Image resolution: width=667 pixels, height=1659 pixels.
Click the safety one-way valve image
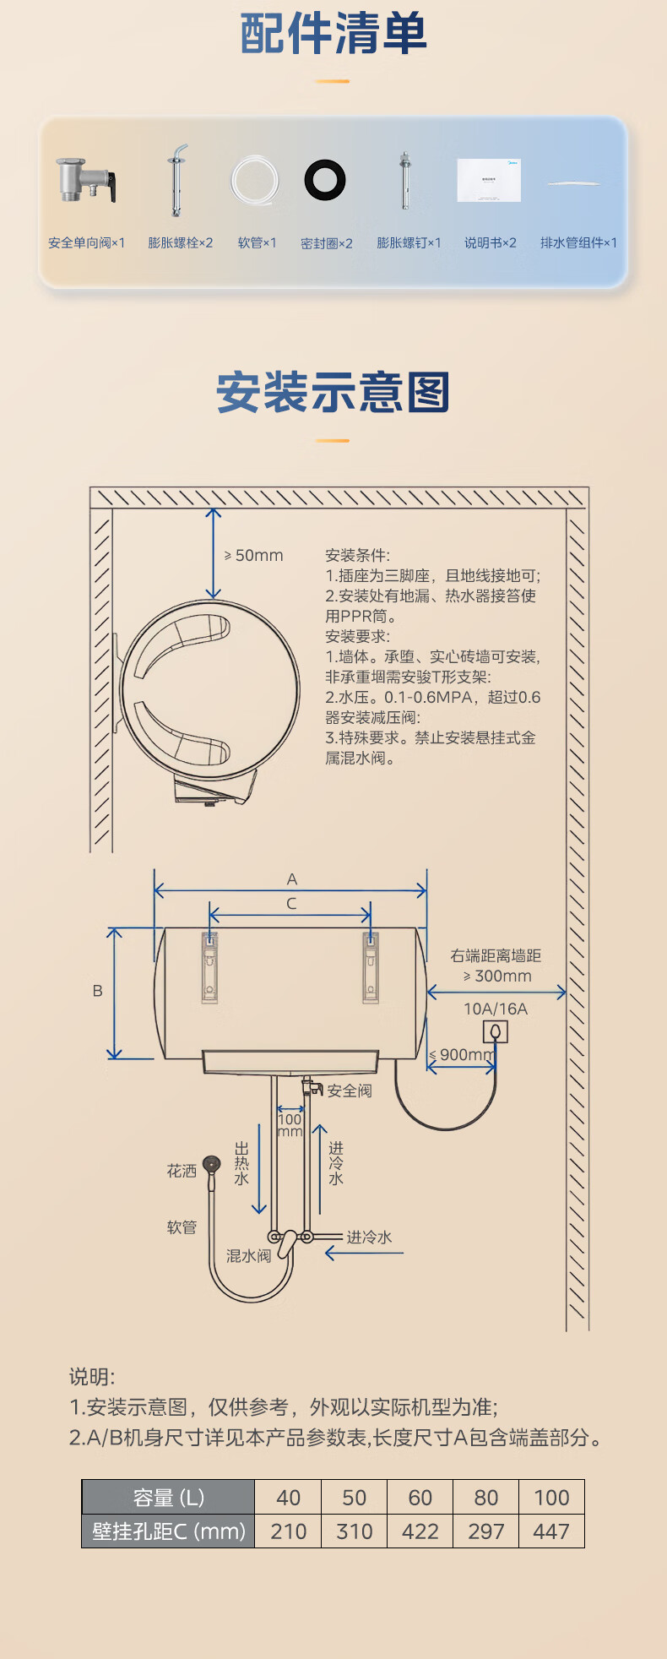pyautogui.click(x=85, y=180)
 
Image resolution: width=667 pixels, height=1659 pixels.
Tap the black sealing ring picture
pyautogui.click(x=325, y=179)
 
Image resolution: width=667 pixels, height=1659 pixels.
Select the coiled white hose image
pyautogui.click(x=255, y=180)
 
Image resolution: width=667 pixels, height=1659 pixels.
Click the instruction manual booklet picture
pyautogui.click(x=489, y=179)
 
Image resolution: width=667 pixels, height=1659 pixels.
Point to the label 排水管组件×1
pyautogui.click(x=578, y=243)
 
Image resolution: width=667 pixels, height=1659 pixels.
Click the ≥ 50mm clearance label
pyautogui.click(x=254, y=556)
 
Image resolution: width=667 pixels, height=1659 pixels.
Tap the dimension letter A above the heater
pyautogui.click(x=292, y=879)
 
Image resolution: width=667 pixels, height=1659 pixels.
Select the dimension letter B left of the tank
pyautogui.click(x=97, y=991)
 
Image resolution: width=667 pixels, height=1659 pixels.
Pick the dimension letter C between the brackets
pyautogui.click(x=291, y=904)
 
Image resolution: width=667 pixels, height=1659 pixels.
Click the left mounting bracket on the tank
pyautogui.click(x=210, y=966)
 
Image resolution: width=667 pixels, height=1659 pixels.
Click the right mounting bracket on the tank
pyautogui.click(x=370, y=966)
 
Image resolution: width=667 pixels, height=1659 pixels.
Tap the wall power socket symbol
pyautogui.click(x=496, y=1031)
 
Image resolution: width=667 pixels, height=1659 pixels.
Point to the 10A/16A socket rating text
pyautogui.click(x=496, y=1009)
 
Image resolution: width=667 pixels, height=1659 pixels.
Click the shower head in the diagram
pyautogui.click(x=211, y=1165)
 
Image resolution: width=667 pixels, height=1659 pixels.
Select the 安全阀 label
pyautogui.click(x=350, y=1091)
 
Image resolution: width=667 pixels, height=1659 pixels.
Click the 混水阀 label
pyautogui.click(x=248, y=1256)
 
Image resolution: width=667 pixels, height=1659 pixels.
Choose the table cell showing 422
pyautogui.click(x=420, y=1531)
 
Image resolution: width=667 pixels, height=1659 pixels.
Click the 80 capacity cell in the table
pyautogui.click(x=485, y=1498)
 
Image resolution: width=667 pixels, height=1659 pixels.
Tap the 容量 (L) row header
pyautogui.click(x=168, y=1498)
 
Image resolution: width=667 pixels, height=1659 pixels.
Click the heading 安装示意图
pyautogui.click(x=333, y=393)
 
